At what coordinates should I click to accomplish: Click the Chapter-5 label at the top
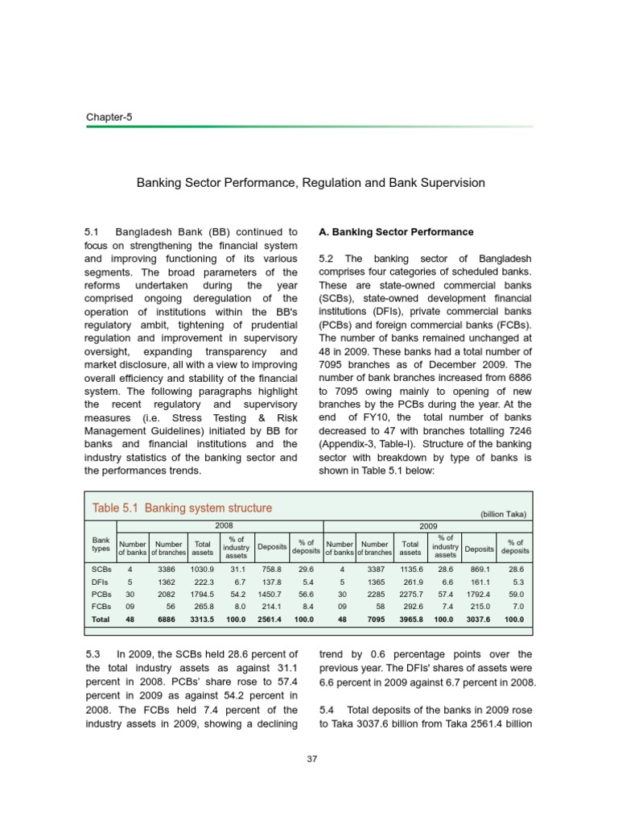[109, 118]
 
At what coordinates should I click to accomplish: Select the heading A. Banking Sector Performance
[396, 232]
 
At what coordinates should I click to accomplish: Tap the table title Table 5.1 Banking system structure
[182, 508]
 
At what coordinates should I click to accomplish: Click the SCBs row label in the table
[101, 568]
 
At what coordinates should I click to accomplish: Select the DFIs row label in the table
[101, 581]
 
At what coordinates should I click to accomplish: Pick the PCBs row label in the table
[101, 594]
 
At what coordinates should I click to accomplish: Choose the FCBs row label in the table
[101, 607]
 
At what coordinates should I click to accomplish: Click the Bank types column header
[101, 544]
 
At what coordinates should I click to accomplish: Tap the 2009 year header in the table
[429, 524]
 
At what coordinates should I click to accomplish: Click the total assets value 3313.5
[201, 620]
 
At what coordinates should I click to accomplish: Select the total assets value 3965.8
[410, 620]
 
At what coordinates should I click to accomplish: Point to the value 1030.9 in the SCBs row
[201, 568]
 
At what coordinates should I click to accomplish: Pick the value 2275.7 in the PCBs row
[410, 594]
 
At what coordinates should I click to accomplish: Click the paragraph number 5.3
[94, 654]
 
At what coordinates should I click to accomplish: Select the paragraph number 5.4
[329, 709]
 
